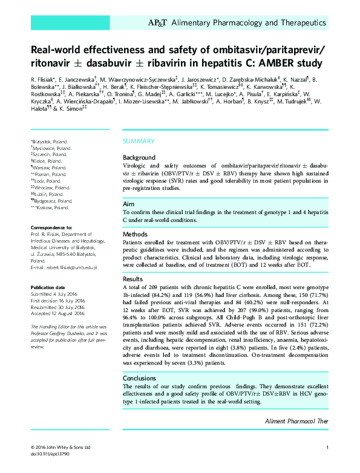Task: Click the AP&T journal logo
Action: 158,23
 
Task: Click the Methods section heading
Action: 135,234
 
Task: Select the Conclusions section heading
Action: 139,377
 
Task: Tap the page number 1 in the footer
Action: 327,448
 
